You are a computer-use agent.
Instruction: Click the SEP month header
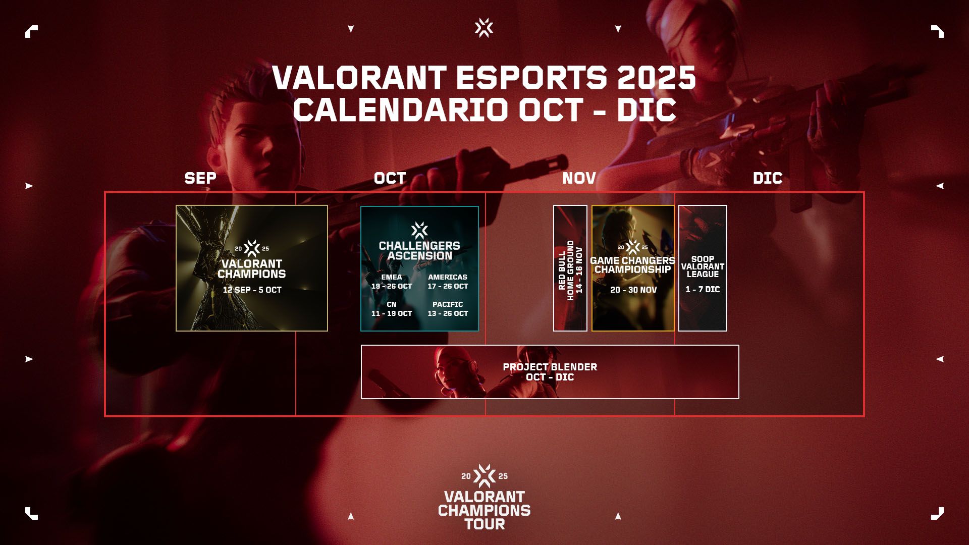click(x=200, y=178)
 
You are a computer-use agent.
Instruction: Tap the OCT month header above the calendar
click(x=390, y=178)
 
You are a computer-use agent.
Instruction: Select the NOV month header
click(x=579, y=178)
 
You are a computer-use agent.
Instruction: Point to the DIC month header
click(x=768, y=178)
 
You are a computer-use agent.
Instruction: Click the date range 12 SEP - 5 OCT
click(x=252, y=290)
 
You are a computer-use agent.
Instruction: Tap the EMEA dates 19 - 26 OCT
click(x=392, y=286)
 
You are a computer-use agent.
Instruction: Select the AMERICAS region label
click(x=448, y=277)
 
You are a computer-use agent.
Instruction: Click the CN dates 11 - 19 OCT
click(x=392, y=313)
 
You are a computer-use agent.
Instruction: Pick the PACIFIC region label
click(x=448, y=304)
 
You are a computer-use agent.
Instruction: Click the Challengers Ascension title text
click(x=419, y=251)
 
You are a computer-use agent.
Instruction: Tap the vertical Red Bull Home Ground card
click(x=570, y=268)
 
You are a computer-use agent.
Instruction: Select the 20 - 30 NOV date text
click(x=633, y=290)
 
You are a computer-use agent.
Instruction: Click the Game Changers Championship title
click(x=633, y=265)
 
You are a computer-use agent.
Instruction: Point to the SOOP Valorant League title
click(x=703, y=266)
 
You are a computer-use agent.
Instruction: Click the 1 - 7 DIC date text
click(x=703, y=289)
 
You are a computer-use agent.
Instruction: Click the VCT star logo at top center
click(x=484, y=28)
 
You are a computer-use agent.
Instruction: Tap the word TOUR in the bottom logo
click(x=484, y=524)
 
